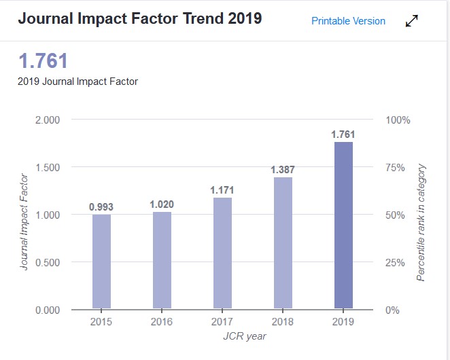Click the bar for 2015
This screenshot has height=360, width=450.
click(x=101, y=262)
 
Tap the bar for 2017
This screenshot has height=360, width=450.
click(x=222, y=253)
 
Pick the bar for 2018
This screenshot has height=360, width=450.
click(x=283, y=242)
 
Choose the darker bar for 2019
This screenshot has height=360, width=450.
click(x=343, y=225)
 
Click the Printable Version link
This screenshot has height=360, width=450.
click(x=348, y=21)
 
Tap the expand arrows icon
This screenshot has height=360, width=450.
click(x=412, y=21)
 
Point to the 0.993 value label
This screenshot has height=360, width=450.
click(x=101, y=206)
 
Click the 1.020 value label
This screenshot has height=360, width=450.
click(x=162, y=204)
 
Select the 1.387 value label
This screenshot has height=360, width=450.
click(x=283, y=170)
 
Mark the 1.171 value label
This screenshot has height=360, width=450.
click(x=222, y=190)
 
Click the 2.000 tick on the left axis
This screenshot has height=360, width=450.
click(x=47, y=120)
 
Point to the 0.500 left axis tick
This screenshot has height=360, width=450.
click(x=47, y=262)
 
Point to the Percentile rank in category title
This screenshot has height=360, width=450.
click(x=421, y=223)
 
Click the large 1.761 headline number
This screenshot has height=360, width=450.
click(x=44, y=61)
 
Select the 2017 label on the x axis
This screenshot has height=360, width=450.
click(x=222, y=321)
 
